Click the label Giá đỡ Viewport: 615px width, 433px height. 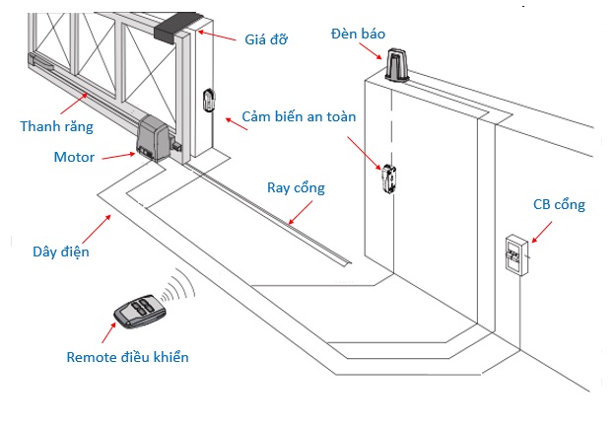click(265, 39)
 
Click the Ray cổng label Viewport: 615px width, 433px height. click(296, 187)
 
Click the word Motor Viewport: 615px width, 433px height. click(75, 157)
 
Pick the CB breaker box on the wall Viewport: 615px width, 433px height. click(514, 255)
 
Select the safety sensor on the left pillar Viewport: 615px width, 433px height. click(210, 100)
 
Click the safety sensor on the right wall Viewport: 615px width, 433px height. click(388, 180)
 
